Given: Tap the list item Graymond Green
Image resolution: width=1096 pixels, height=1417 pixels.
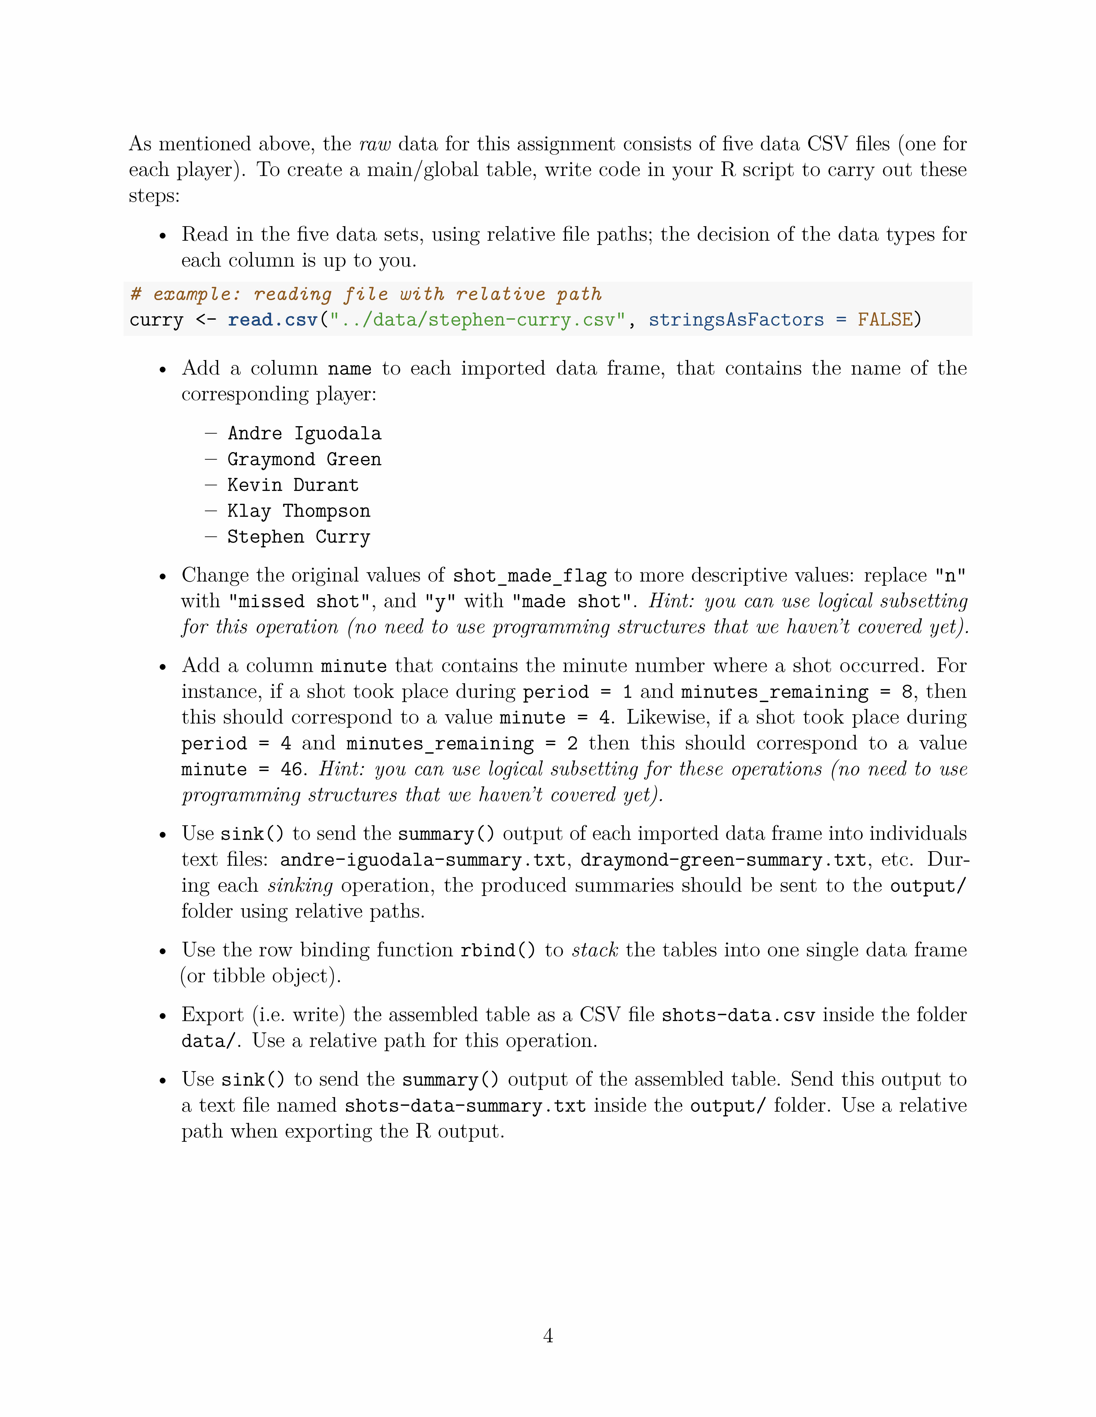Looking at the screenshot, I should pyautogui.click(x=304, y=459).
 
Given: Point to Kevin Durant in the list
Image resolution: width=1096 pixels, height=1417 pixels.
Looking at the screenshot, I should pyautogui.click(x=293, y=485).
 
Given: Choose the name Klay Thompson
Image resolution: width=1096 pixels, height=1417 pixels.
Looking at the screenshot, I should pyautogui.click(x=299, y=511).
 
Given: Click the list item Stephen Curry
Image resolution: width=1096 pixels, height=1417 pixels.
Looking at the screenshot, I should pyautogui.click(x=299, y=537).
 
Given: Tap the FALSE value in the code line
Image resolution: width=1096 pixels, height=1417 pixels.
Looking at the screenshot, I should pyautogui.click(x=885, y=320).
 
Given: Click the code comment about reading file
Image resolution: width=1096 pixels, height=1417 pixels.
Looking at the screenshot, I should pyautogui.click(x=366, y=294).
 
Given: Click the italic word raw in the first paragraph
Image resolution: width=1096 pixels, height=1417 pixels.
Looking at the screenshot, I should pyautogui.click(x=375, y=144).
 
